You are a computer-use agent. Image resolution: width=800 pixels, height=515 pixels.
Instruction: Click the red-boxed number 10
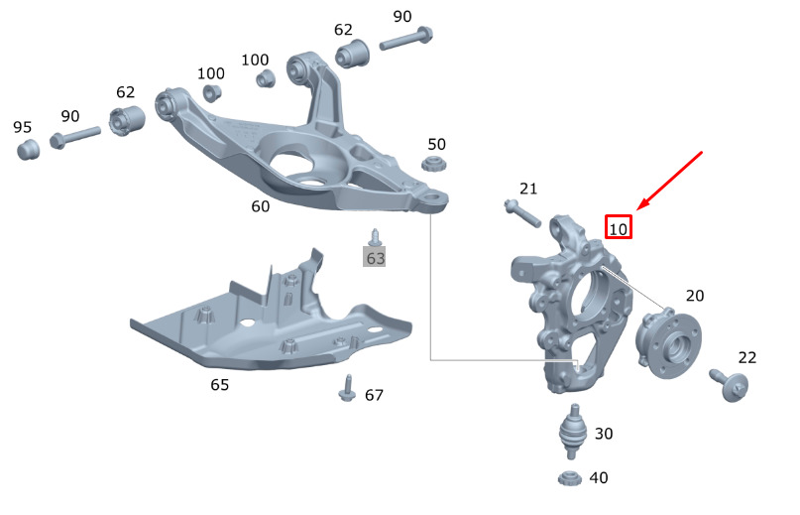coord(619,227)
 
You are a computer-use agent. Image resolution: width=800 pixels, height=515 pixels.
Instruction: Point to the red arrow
coord(670,181)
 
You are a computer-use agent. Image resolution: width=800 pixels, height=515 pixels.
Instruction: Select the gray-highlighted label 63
coord(375,258)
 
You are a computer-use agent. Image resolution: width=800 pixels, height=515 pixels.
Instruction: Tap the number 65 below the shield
coord(220,385)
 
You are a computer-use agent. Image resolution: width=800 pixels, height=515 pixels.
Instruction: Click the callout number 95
coord(23,127)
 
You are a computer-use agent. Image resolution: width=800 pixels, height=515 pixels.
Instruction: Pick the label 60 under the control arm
coord(260,205)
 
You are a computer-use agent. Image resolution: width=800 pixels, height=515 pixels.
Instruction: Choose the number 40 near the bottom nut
coord(599,477)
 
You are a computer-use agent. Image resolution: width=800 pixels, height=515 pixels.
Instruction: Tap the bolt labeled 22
coord(730,385)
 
